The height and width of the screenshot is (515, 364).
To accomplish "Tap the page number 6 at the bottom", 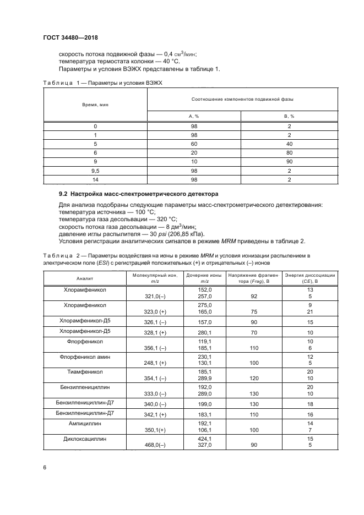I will [45, 467].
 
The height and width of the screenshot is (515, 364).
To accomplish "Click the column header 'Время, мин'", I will [95, 104].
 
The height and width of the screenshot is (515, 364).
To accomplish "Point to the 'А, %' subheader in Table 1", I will [194, 116].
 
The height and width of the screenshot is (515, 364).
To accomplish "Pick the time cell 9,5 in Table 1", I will [95, 171].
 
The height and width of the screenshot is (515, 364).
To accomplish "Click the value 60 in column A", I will [194, 143].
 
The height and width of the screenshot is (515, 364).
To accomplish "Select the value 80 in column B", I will [289, 152].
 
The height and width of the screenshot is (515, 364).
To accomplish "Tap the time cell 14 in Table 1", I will [95, 180].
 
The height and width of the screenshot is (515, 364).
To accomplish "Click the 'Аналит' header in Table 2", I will [85, 278].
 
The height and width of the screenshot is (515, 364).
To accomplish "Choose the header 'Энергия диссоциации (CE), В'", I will [310, 278].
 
